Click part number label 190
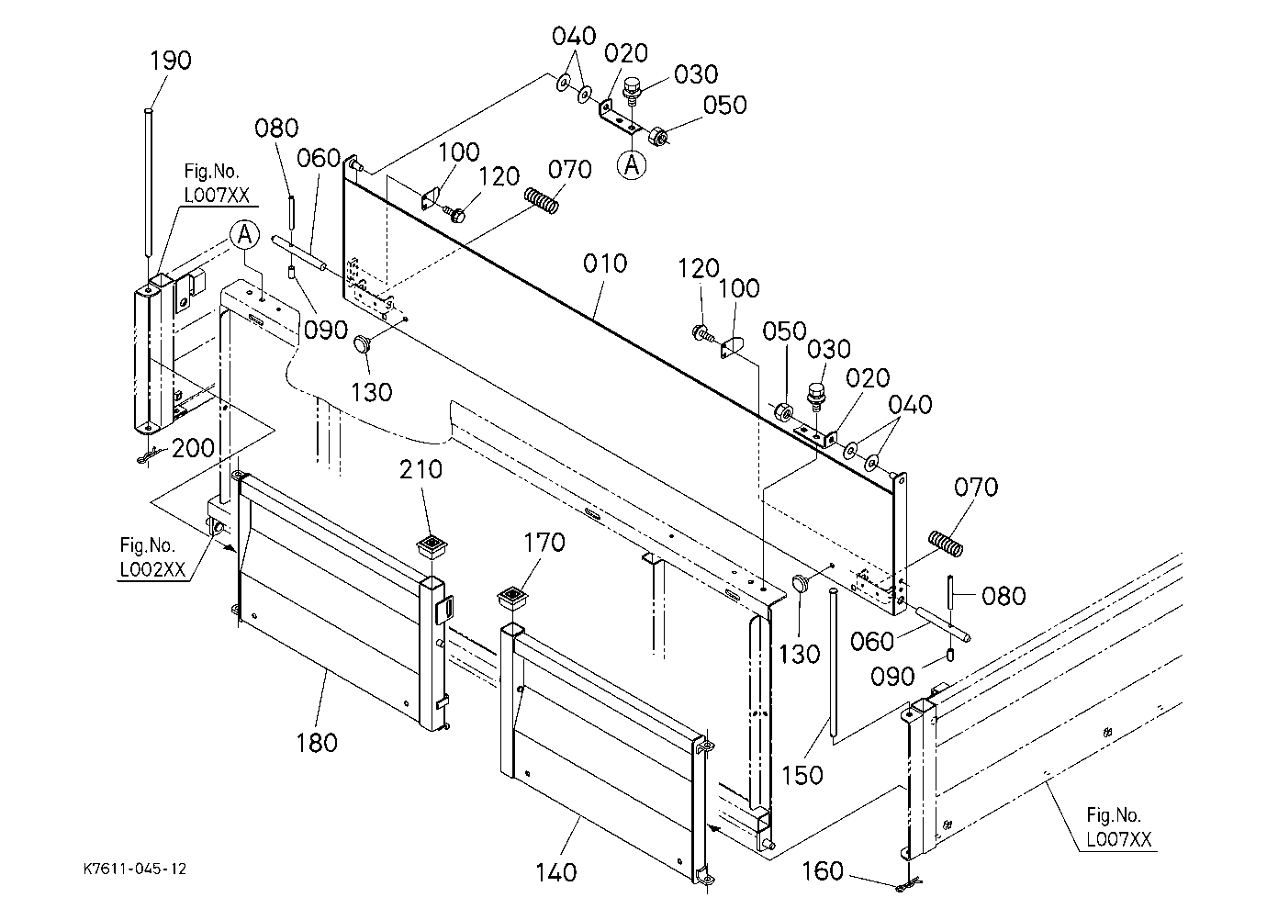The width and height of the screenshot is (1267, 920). [170, 61]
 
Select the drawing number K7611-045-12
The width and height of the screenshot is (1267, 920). [135, 870]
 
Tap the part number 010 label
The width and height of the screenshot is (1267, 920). [605, 264]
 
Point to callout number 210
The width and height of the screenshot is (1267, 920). [420, 469]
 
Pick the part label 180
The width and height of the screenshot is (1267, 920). [317, 743]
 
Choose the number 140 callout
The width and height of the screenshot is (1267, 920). [556, 872]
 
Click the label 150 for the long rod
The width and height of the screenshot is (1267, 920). [802, 775]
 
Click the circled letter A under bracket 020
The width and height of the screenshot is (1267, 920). [632, 165]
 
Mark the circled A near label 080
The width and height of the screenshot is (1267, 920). [244, 235]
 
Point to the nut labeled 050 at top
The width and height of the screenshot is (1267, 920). [657, 137]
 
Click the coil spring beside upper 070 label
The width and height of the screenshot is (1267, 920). [542, 200]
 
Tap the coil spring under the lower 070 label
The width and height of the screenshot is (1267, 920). [946, 544]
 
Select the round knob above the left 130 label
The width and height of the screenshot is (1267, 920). [362, 343]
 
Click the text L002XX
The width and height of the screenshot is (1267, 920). [152, 569]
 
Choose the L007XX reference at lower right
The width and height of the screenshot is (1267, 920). [1119, 839]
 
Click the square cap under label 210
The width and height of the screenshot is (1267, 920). [432, 546]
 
